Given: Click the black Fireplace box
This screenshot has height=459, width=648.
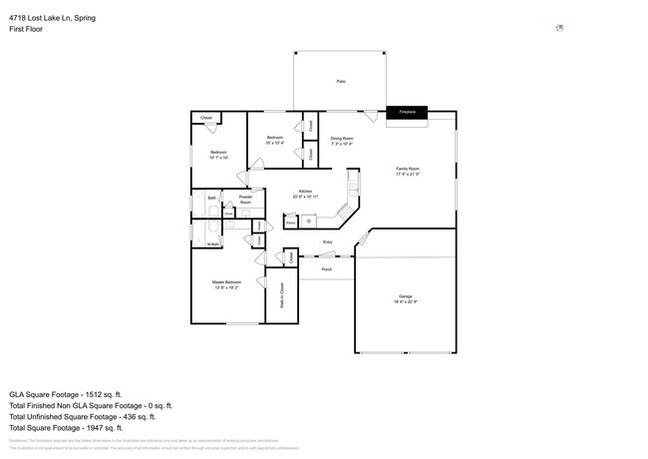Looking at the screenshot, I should (x=408, y=113).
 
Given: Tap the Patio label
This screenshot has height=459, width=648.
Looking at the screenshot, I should (x=341, y=81).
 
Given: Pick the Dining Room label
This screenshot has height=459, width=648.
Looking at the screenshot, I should (x=342, y=141).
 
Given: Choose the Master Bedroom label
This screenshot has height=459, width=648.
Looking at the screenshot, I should (x=226, y=284).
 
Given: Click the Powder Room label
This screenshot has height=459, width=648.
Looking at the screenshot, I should (x=245, y=200).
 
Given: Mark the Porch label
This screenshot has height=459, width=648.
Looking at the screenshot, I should (x=326, y=269).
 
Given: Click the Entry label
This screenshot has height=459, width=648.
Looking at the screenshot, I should (x=328, y=242).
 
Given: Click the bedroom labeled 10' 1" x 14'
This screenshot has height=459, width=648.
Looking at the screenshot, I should (x=219, y=155).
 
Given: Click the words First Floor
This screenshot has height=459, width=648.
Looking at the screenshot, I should (x=26, y=29).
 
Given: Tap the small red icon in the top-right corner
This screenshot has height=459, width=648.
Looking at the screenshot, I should (x=559, y=28).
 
